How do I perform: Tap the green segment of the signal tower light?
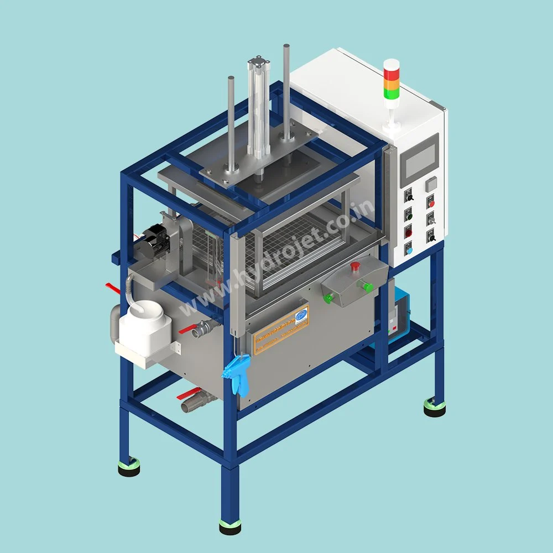coord(392,94)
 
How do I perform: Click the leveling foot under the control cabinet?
coord(435,408)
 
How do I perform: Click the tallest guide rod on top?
coord(286,88)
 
